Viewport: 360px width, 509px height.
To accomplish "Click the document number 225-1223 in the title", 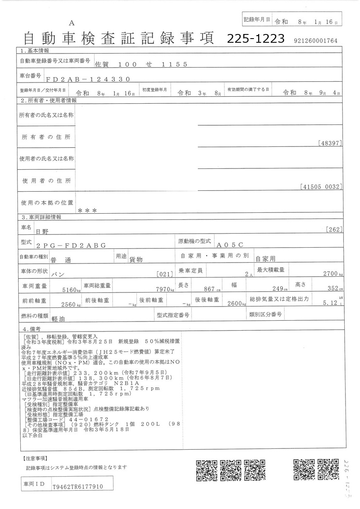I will tap(255, 39).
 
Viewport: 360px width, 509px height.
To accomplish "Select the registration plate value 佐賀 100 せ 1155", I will tap(141, 64).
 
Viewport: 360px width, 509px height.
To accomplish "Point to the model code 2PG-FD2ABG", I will tap(71, 246).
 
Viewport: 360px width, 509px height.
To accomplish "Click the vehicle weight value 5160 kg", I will tap(70, 290).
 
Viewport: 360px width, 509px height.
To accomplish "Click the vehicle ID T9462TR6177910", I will tap(78, 487).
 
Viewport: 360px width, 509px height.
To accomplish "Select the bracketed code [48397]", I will tap(330, 143).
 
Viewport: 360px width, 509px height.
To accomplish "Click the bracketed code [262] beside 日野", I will tap(334, 229).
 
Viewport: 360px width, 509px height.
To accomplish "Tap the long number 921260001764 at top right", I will tap(315, 41).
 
